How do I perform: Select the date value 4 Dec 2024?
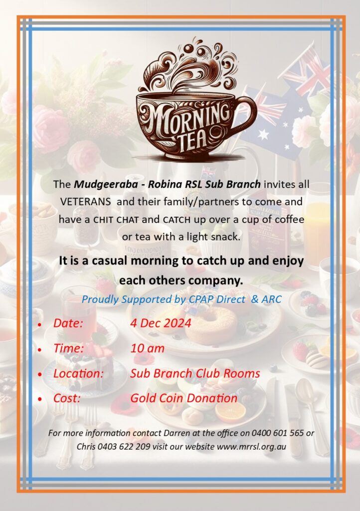[161, 323]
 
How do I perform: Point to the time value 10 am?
[147, 348]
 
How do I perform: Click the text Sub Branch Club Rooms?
[195, 373]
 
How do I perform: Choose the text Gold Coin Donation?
[183, 398]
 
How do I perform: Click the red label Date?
[68, 323]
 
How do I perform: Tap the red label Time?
[68, 348]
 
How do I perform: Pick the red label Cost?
[67, 398]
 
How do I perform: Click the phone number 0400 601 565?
[278, 433]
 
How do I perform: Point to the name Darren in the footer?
[176, 433]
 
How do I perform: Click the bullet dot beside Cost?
[39, 399]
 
